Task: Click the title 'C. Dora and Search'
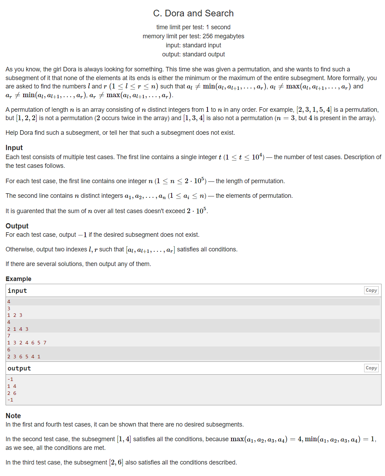[x=193, y=13]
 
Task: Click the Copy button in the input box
[x=371, y=290]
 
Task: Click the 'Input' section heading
[x=14, y=148]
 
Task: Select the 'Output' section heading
[x=17, y=226]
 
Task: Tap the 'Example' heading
[x=18, y=279]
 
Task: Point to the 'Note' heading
[x=13, y=416]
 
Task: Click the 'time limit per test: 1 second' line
[x=193, y=27]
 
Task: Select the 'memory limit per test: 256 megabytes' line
[x=193, y=36]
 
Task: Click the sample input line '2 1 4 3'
[x=18, y=329]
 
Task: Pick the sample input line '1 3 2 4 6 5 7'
[x=27, y=343]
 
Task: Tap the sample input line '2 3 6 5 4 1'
[x=24, y=357]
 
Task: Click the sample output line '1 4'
[x=12, y=386]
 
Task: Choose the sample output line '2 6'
[x=12, y=393]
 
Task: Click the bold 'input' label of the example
[x=17, y=291]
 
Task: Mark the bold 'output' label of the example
[x=19, y=368]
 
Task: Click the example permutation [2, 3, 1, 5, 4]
[x=314, y=110]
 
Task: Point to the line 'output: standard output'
[x=193, y=54]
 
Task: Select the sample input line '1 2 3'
[x=15, y=315]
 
